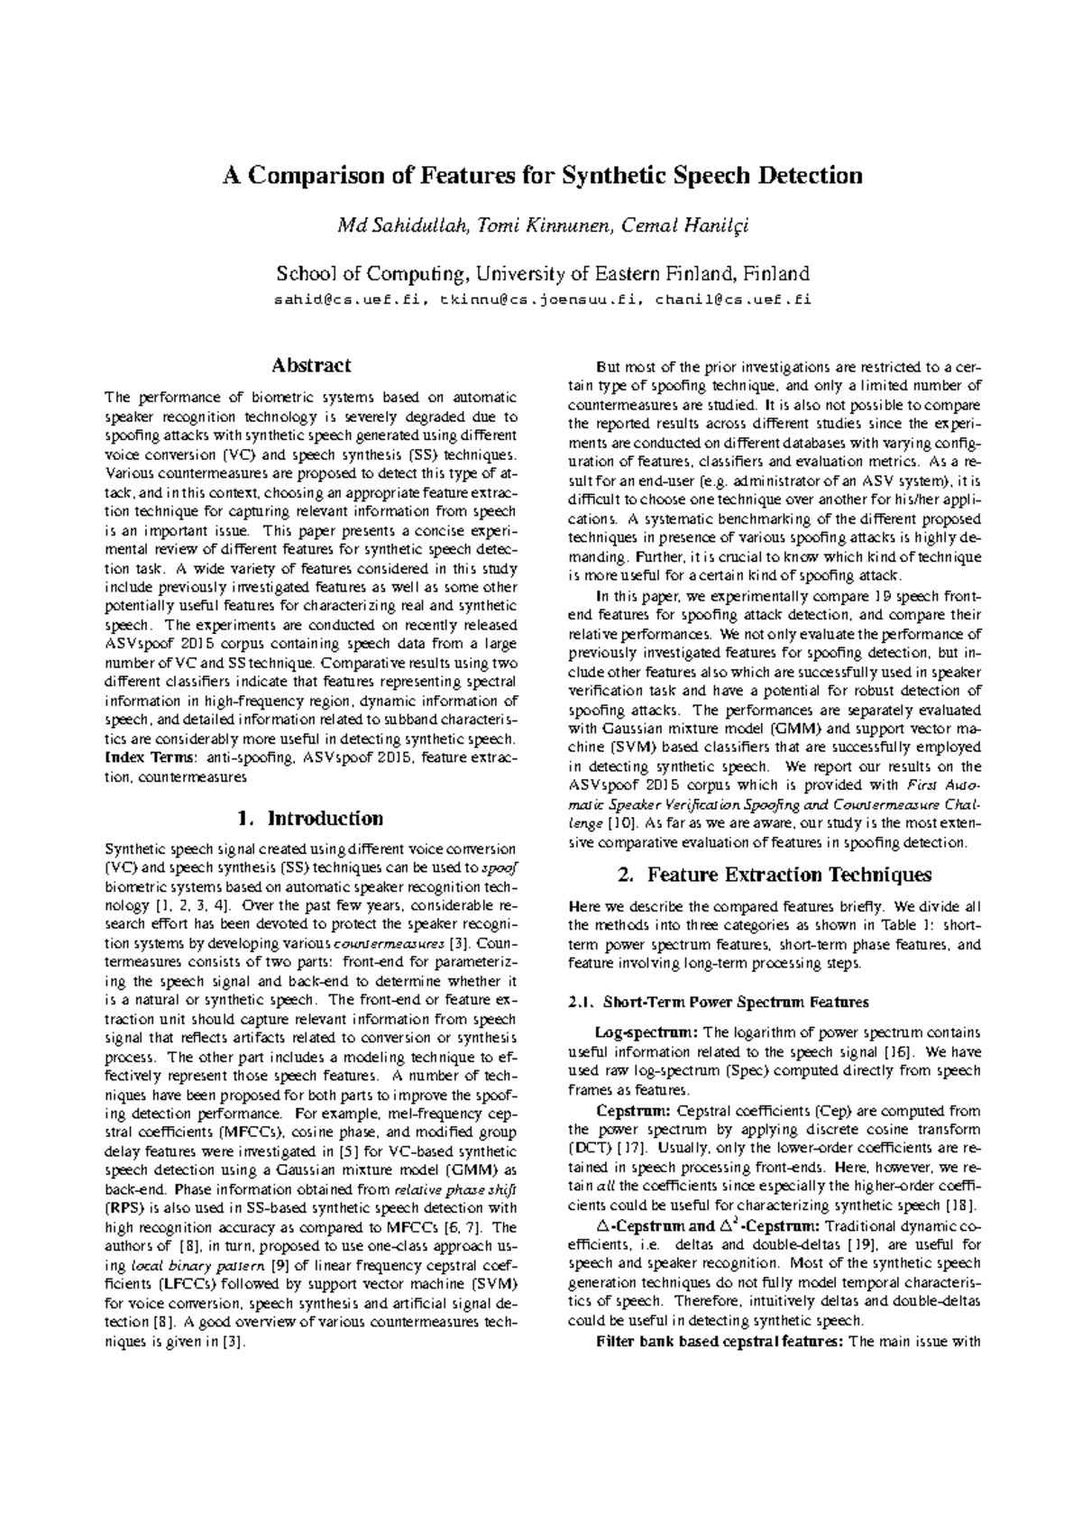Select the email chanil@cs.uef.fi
point(732,300)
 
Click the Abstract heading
point(311,366)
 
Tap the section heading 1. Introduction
point(310,819)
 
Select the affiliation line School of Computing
point(542,274)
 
